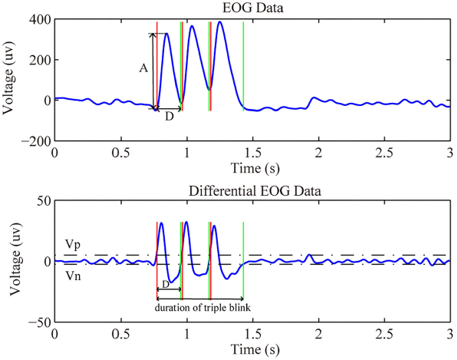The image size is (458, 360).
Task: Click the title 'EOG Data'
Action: [x=251, y=8]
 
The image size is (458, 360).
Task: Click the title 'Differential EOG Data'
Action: [x=251, y=190]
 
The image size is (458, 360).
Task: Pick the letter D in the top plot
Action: [x=169, y=117]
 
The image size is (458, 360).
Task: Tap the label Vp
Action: [x=71, y=243]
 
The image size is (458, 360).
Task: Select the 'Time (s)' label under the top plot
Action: [x=251, y=168]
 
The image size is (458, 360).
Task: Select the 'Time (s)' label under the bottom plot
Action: [x=251, y=349]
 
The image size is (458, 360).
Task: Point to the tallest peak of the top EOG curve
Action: [x=220, y=21]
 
